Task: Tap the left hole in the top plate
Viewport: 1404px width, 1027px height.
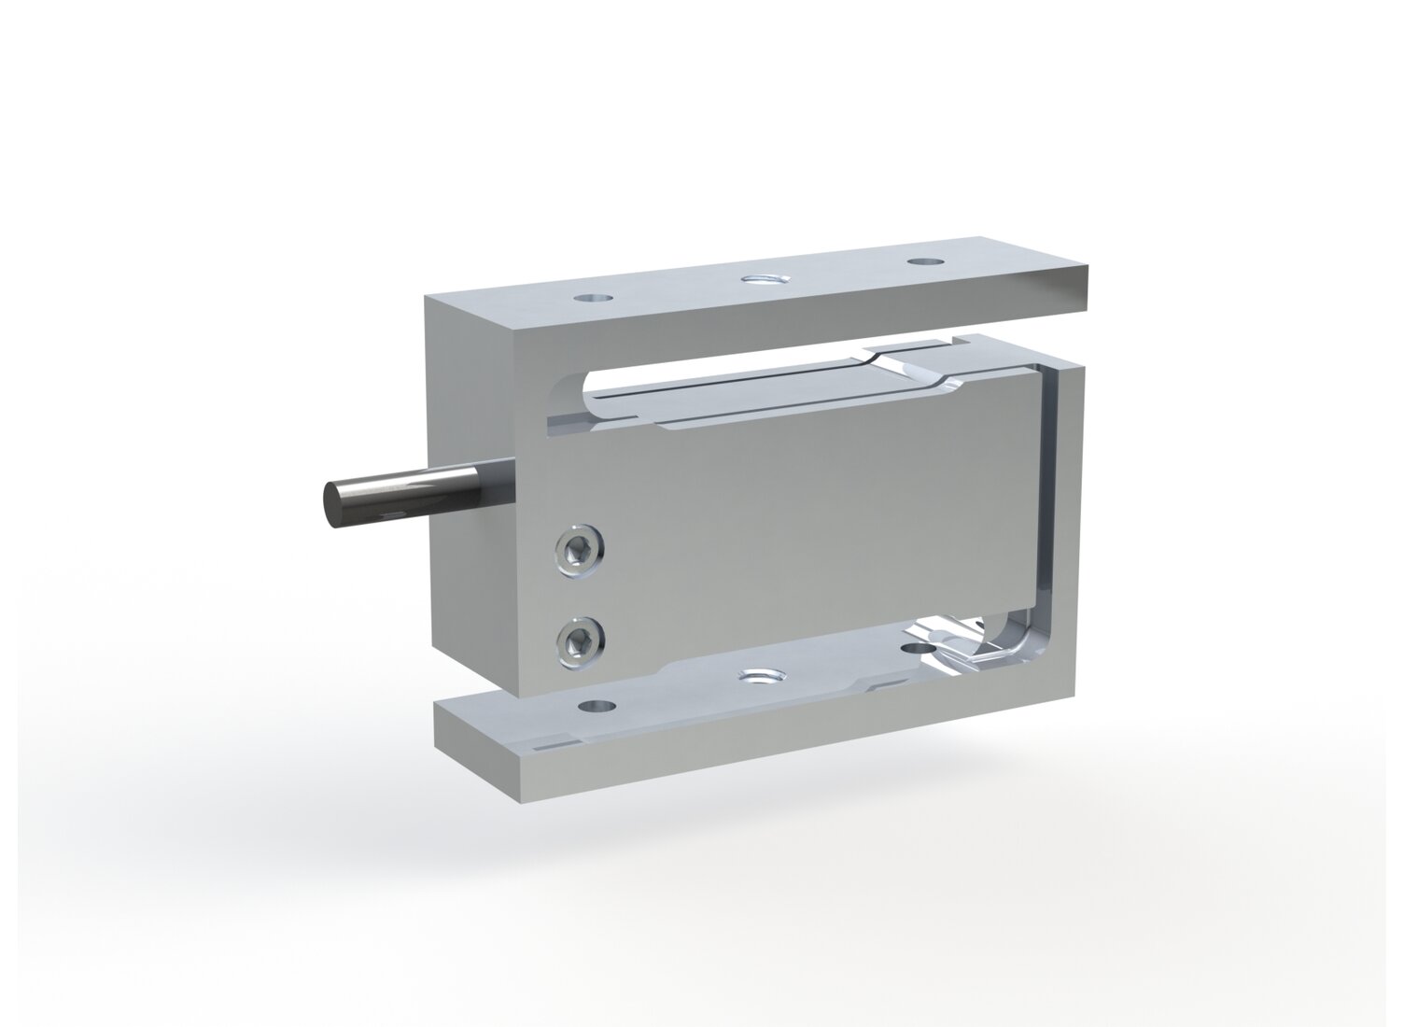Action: (x=593, y=300)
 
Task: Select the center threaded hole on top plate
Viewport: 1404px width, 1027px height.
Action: (x=764, y=278)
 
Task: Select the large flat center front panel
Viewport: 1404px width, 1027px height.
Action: (x=812, y=523)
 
